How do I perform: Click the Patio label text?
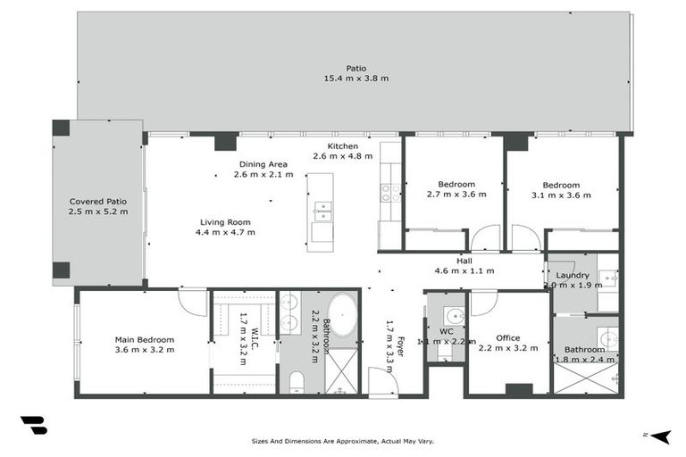point(356,68)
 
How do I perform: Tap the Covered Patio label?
point(98,201)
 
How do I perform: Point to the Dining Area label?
point(263,164)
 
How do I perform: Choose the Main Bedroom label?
point(144,339)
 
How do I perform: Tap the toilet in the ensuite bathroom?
point(297,383)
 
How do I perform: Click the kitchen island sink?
point(322,212)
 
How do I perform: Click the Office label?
point(508,337)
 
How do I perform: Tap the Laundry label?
point(572,275)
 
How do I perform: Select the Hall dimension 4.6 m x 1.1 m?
point(464,270)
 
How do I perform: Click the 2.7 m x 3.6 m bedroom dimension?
point(456,194)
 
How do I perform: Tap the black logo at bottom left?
point(33,425)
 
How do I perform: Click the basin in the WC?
point(454,315)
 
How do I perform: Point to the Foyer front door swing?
point(382,381)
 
